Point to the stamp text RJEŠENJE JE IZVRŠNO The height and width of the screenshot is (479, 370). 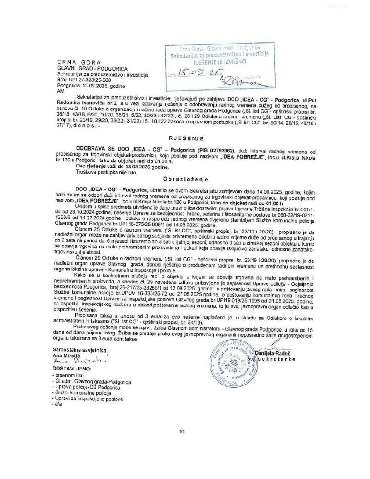[214, 61]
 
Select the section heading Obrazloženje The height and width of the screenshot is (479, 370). [184, 179]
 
